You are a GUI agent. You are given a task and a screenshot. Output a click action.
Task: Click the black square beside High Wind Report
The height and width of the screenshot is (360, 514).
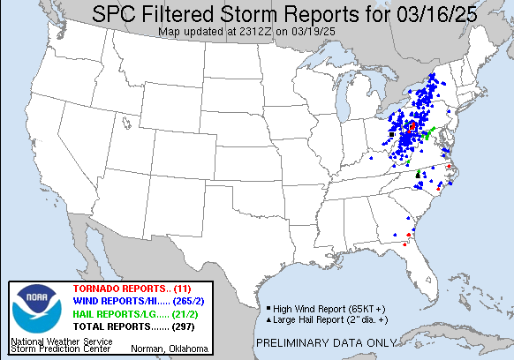click(267, 308)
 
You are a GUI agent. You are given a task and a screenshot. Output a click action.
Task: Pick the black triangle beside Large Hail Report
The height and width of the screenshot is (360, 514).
click(267, 318)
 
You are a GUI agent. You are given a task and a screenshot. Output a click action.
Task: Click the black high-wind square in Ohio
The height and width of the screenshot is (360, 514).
click(391, 134)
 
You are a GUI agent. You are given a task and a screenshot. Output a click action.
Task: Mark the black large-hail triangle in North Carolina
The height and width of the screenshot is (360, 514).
click(418, 176)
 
